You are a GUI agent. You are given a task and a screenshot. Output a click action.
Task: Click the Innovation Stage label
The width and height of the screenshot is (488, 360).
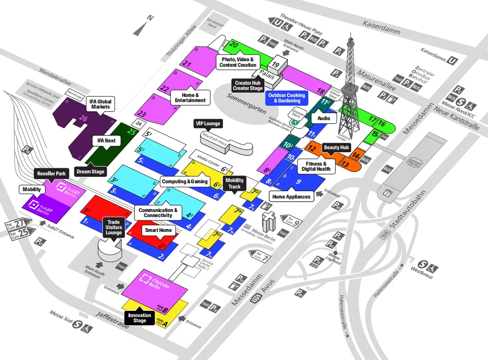(140, 318)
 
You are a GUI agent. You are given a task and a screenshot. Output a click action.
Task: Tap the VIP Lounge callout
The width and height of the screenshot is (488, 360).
(207, 124)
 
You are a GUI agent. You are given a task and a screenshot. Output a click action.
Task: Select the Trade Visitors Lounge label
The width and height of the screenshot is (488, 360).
(114, 227)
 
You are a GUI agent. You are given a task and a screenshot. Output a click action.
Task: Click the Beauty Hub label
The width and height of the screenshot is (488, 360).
(336, 148)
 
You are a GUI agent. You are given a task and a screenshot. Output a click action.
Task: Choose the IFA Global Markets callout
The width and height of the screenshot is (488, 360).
(100, 104)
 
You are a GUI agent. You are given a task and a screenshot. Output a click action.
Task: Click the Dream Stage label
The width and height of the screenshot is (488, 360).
(91, 172)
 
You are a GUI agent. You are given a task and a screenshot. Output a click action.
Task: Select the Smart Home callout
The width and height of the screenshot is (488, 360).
(158, 230)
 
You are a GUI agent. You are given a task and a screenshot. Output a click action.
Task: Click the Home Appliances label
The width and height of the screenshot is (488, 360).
(291, 197)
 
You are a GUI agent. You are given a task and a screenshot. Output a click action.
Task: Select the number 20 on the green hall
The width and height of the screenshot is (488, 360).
(234, 45)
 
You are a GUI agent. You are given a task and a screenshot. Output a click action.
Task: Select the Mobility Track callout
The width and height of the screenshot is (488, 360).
(234, 183)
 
